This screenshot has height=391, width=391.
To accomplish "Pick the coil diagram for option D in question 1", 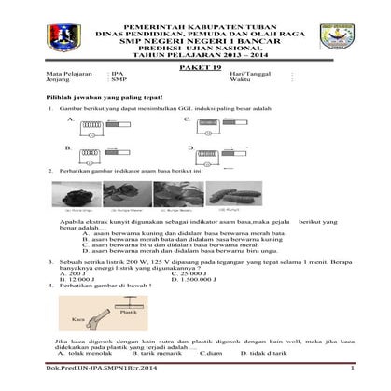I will [x=216, y=150].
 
